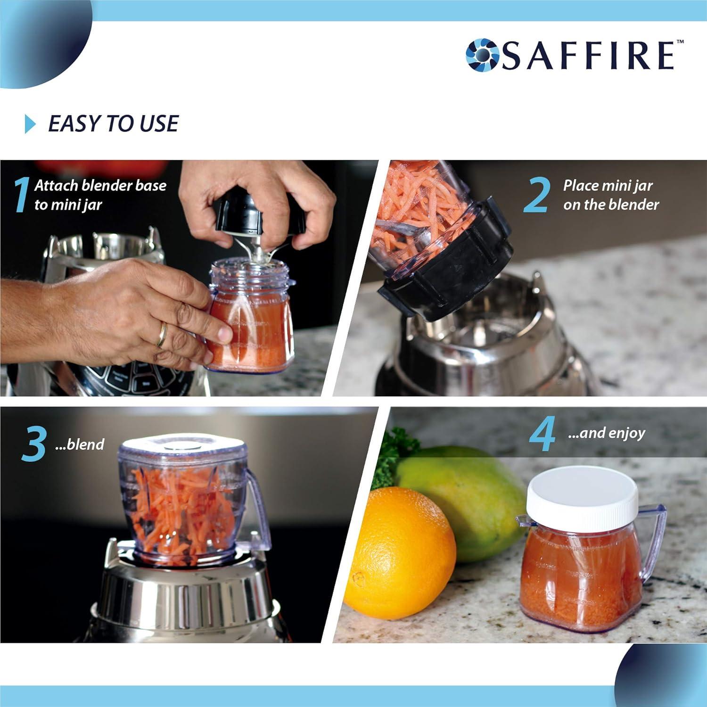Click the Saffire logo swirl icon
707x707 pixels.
click(482, 55)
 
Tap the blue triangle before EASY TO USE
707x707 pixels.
click(30, 124)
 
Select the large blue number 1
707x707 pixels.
click(21, 195)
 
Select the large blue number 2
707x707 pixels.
click(536, 195)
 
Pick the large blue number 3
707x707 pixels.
click(34, 444)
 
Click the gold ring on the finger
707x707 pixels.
click(162, 334)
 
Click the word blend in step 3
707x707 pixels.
click(86, 444)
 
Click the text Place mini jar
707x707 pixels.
click(607, 185)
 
